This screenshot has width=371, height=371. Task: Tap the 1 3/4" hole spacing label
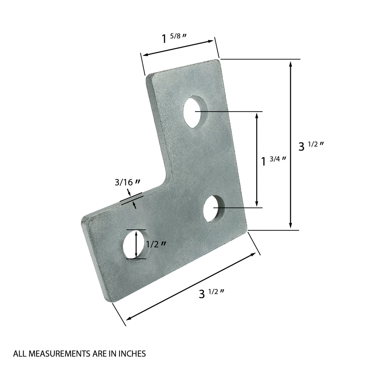point(274,160)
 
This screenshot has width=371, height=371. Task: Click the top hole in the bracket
point(195,112)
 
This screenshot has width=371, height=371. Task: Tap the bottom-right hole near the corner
point(214,208)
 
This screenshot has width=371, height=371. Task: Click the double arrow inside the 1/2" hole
point(136,244)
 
